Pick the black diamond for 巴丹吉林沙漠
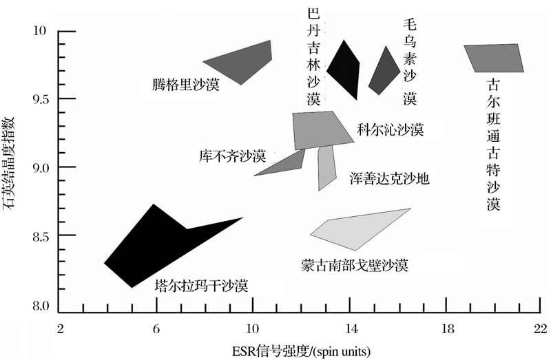click(x=344, y=68)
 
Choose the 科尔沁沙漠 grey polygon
click(x=320, y=130)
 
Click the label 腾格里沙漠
click(x=185, y=85)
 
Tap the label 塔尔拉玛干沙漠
click(x=202, y=286)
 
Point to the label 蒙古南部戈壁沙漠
click(x=355, y=265)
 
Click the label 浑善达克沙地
click(x=389, y=178)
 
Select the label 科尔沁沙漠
click(x=390, y=130)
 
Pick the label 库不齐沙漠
click(x=232, y=156)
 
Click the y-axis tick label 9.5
click(x=40, y=100)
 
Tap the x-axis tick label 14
click(x=352, y=329)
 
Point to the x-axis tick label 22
click(x=540, y=329)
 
